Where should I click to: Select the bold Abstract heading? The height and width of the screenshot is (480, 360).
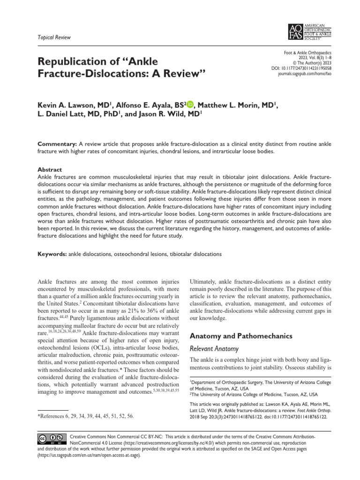(49, 169)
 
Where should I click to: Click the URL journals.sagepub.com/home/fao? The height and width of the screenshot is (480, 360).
(305, 74)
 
